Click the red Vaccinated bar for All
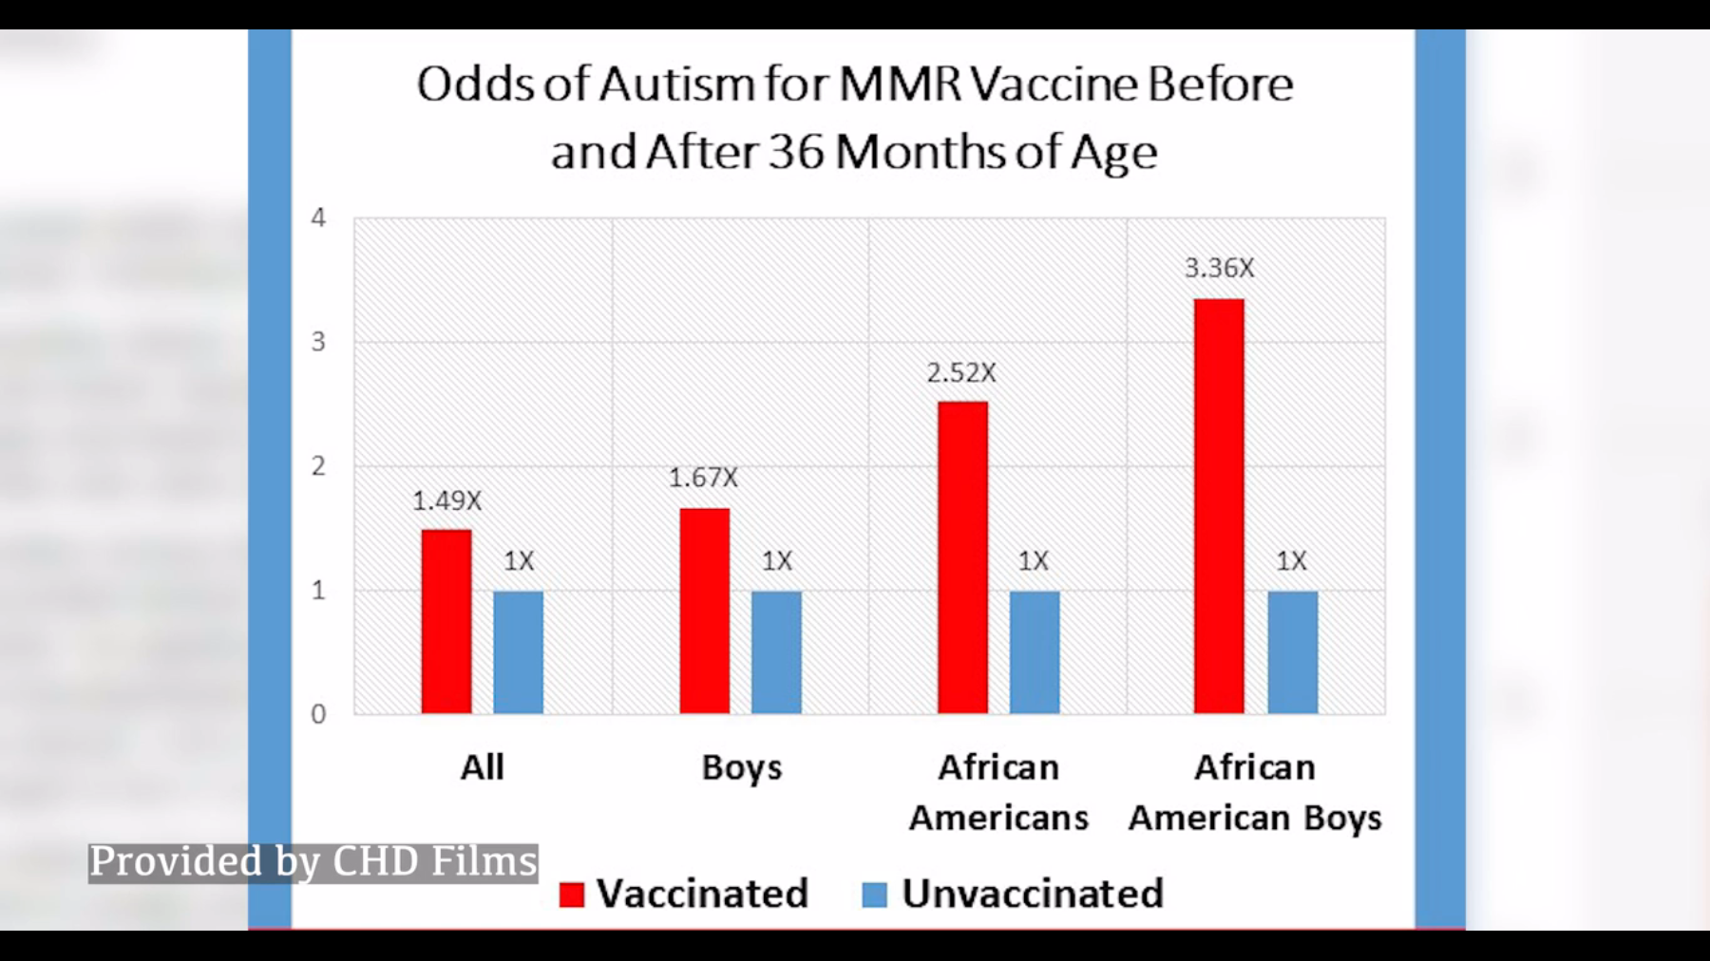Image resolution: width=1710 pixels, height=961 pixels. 446,621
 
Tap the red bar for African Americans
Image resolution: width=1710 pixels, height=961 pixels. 962,557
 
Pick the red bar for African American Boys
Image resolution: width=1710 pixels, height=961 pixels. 1219,506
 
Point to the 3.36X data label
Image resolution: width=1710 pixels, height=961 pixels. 1219,269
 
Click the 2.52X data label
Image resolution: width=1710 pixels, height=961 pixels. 961,373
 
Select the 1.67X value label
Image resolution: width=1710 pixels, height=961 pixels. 703,478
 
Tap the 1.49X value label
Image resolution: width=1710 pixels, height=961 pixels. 446,501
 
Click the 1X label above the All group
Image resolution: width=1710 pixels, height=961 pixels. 519,561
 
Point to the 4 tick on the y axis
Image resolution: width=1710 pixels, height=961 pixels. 318,218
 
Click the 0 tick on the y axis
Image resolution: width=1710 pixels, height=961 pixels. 318,714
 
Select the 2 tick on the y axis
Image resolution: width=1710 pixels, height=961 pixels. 318,466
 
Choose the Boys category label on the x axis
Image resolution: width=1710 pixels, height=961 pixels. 741,767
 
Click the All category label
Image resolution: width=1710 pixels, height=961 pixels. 482,767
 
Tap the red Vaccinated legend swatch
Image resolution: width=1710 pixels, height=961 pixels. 572,895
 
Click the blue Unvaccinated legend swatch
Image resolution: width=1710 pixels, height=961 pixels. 874,895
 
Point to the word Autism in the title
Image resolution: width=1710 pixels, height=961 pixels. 676,85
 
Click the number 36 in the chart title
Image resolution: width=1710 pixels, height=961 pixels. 796,152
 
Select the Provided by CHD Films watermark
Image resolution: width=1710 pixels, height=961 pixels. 313,862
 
